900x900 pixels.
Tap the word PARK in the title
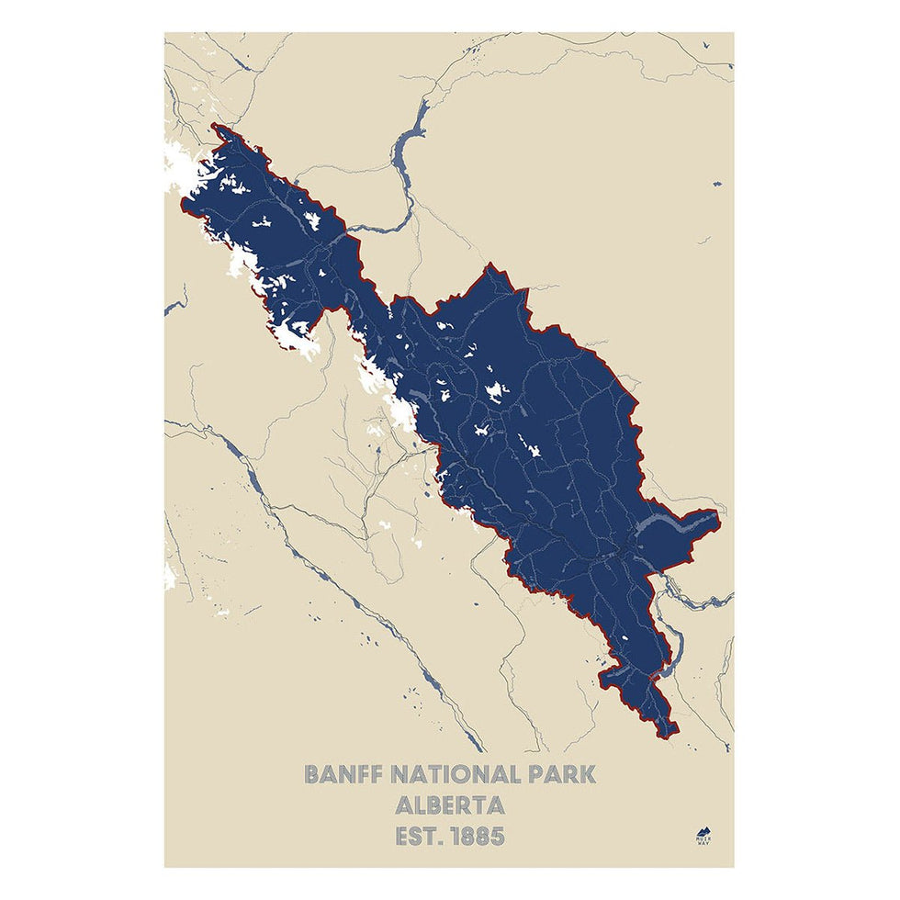pyautogui.click(x=555, y=774)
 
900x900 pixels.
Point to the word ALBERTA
pyautogui.click(x=449, y=805)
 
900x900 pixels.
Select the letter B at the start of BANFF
pyautogui.click(x=313, y=774)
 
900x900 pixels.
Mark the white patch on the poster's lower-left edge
pyautogui.click(x=169, y=577)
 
